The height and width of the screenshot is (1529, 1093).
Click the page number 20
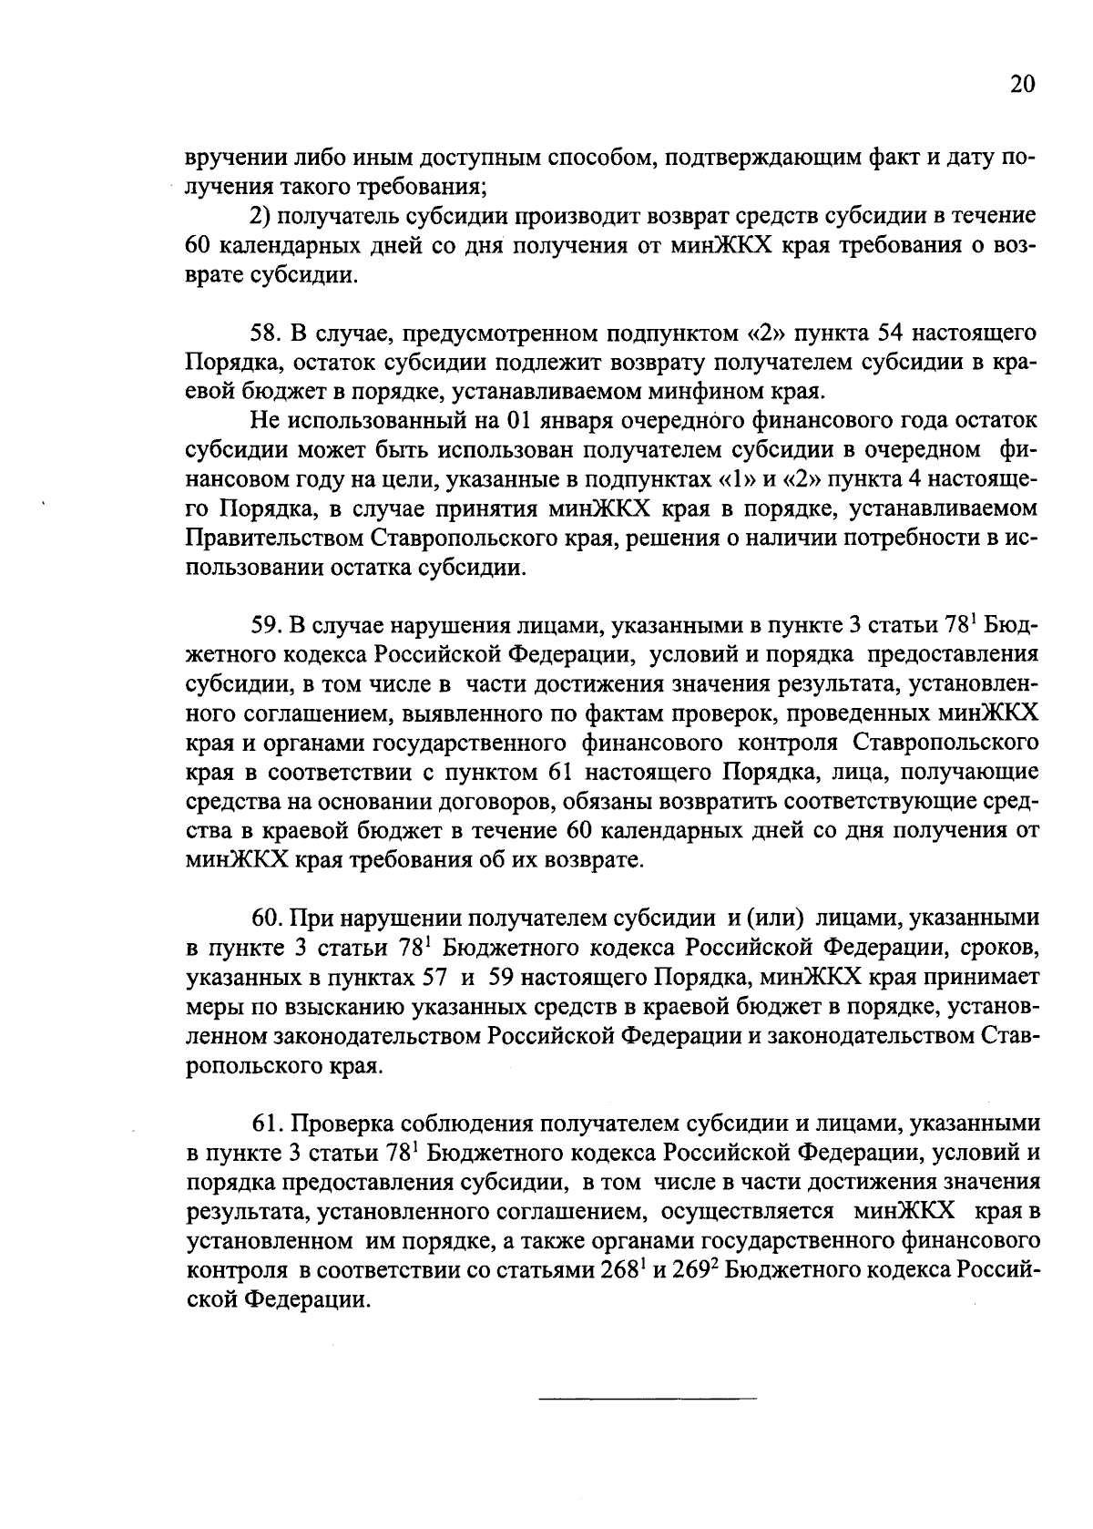pos(1022,86)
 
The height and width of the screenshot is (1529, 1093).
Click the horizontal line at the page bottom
pos(648,1398)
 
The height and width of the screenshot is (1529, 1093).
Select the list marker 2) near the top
pos(260,217)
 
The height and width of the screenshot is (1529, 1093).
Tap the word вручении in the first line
pos(233,158)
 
